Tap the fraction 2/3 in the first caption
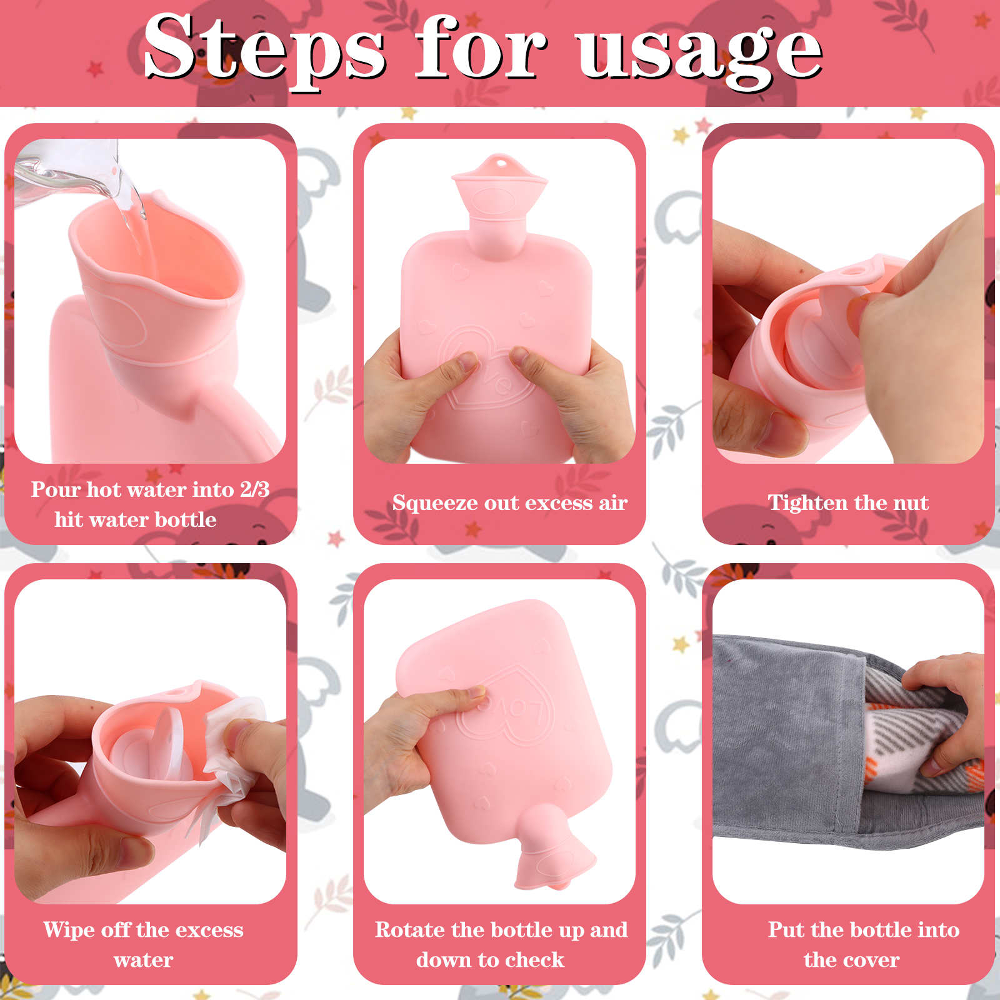point(255,489)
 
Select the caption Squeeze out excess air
point(510,503)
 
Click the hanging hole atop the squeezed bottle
point(501,163)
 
